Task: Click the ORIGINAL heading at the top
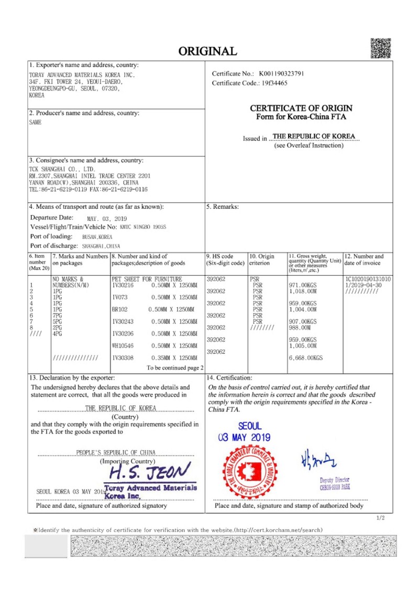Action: coord(208,51)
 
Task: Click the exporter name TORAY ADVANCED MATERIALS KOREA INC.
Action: coord(82,75)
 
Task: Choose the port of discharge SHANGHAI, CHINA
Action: coord(101,246)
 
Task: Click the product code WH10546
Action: coord(123,345)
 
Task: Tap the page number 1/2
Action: coord(381,518)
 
